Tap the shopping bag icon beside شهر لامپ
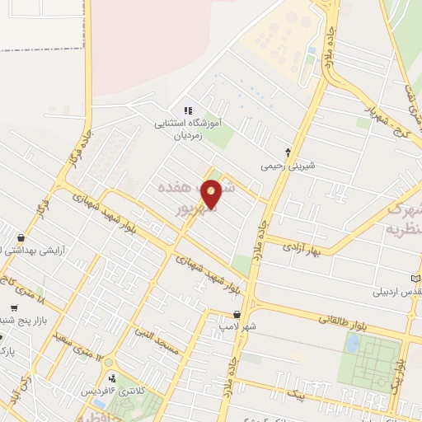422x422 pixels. [237, 314]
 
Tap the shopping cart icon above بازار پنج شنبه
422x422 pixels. [2, 336]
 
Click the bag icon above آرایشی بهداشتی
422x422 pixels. [21, 238]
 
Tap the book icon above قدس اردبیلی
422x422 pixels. [417, 278]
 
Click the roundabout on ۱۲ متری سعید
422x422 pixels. [110, 362]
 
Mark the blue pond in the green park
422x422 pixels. [352, 343]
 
